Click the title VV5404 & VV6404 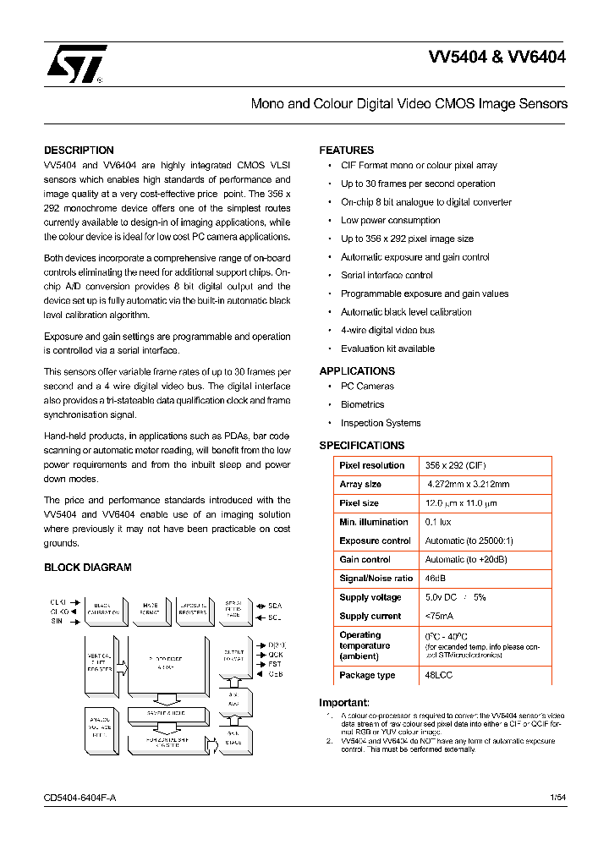click(x=497, y=58)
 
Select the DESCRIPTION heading click(x=79, y=151)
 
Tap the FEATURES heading click(x=346, y=151)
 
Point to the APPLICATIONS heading click(x=357, y=371)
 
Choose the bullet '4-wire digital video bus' click(x=387, y=330)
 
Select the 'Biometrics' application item click(x=362, y=405)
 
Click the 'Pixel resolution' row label click(x=371, y=466)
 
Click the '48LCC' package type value click(x=438, y=675)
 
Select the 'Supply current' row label click(x=370, y=617)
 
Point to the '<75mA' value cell click(x=440, y=617)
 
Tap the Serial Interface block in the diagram click(x=233, y=611)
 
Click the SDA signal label click(x=274, y=606)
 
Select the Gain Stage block click(x=233, y=738)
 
